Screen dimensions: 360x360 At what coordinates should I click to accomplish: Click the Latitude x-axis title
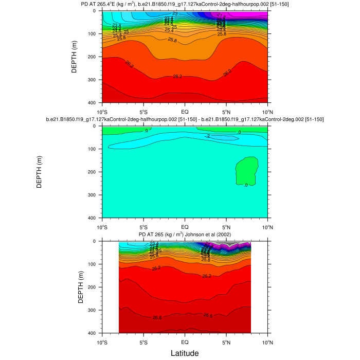pyautogui.click(x=185, y=353)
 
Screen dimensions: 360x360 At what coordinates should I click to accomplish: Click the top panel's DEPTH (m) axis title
pyautogui.click(x=75, y=57)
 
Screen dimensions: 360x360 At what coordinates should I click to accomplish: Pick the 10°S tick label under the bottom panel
pyautogui.click(x=102, y=341)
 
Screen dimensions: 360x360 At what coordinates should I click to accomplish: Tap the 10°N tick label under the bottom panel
pyautogui.click(x=267, y=341)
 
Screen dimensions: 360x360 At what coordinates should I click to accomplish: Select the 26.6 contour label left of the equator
pyautogui.click(x=157, y=318)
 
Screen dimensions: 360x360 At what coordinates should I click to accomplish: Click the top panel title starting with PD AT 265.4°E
pyautogui.click(x=185, y=5)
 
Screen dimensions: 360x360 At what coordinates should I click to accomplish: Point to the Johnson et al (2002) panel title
pyautogui.click(x=185, y=235)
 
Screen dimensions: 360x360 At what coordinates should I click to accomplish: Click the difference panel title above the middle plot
pyautogui.click(x=185, y=119)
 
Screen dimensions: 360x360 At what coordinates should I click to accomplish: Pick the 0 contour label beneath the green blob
pyautogui.click(x=245, y=185)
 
